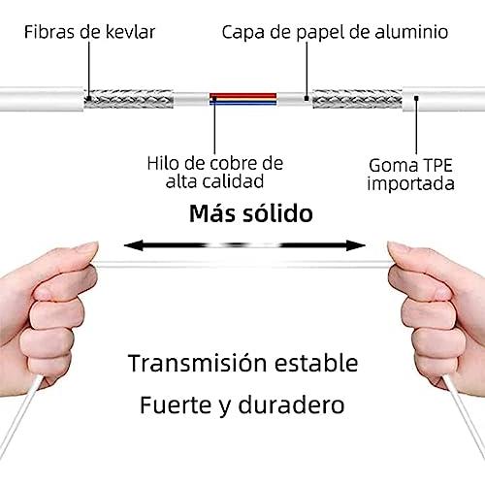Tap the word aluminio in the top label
(x=411, y=32)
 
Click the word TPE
(x=437, y=165)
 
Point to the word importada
(x=410, y=184)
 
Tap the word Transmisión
(x=198, y=363)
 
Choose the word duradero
(x=291, y=404)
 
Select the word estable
(x=316, y=363)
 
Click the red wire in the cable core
(x=243, y=96)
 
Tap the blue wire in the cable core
(x=243, y=103)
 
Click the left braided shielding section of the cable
(x=129, y=99)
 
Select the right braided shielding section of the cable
(x=357, y=99)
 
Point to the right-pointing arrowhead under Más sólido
(x=356, y=245)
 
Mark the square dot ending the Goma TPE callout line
(x=416, y=97)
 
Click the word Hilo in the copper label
(x=161, y=163)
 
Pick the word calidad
(x=233, y=181)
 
